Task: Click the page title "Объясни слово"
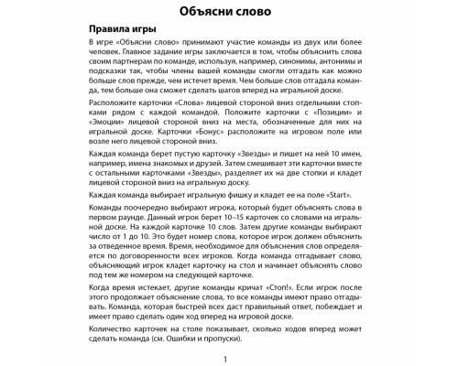click(229, 13)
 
